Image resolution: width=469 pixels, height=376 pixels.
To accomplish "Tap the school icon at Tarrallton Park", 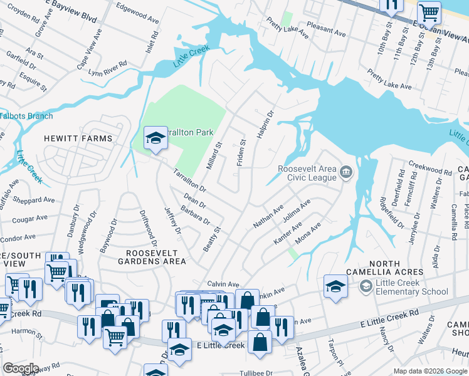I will (x=155, y=138).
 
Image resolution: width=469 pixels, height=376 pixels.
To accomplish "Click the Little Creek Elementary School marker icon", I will (x=366, y=286).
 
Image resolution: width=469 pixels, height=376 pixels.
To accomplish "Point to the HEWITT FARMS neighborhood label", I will (x=78, y=138).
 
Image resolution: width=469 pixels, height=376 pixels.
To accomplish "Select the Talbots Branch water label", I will (x=26, y=116).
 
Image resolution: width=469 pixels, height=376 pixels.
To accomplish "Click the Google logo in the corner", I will (x=21, y=368).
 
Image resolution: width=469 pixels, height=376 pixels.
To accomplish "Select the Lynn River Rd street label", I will (x=108, y=68).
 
